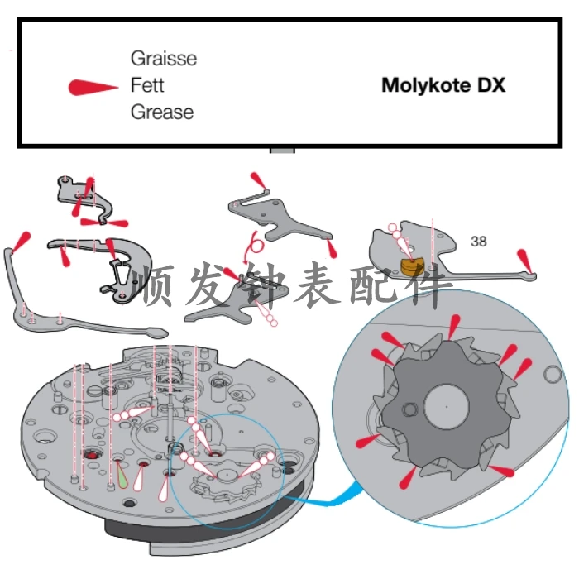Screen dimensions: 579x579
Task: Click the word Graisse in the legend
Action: point(164,59)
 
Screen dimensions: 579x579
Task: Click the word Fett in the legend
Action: point(147,85)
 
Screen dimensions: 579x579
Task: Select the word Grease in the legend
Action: point(162,112)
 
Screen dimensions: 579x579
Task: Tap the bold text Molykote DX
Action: point(443,85)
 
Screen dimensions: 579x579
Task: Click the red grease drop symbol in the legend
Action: point(93,88)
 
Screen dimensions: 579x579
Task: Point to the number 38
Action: point(479,242)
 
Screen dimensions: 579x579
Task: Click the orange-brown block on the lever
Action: point(412,266)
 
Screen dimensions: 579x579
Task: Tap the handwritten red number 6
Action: point(255,245)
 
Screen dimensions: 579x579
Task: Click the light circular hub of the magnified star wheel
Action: point(447,407)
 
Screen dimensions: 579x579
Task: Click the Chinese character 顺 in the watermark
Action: point(152,284)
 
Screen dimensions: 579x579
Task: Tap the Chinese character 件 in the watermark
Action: point(431,284)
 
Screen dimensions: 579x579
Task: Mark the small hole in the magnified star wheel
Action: point(410,409)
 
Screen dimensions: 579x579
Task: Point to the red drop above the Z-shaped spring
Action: point(258,180)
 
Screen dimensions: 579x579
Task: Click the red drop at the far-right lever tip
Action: point(524,261)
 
